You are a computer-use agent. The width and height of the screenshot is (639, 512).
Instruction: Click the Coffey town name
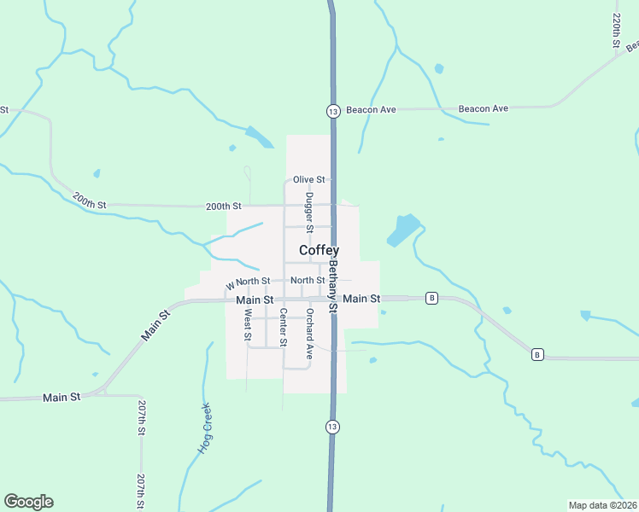[319, 250]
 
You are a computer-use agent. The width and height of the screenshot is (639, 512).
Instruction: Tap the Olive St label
[309, 180]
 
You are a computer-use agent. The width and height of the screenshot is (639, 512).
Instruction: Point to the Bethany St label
[333, 284]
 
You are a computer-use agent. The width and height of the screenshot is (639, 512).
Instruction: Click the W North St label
[248, 282]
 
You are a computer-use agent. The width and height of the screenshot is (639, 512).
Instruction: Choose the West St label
[247, 324]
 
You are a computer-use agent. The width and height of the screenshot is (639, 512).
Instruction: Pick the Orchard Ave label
[309, 333]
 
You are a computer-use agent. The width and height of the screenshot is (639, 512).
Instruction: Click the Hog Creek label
[205, 428]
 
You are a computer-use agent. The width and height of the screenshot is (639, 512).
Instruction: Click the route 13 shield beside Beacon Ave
[332, 111]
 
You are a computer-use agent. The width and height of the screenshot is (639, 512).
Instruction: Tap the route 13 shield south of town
[331, 426]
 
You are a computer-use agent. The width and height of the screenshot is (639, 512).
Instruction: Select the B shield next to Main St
[432, 298]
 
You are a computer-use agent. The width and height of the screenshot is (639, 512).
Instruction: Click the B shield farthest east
[537, 354]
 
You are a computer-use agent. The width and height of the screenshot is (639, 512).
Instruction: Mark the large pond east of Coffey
[404, 230]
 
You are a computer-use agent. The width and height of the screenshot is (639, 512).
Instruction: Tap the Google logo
[28, 502]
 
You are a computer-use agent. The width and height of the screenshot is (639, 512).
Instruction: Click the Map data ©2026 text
[603, 505]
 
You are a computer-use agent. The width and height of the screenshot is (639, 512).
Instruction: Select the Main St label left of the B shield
[361, 299]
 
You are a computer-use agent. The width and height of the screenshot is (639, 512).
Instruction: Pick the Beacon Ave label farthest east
[484, 108]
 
